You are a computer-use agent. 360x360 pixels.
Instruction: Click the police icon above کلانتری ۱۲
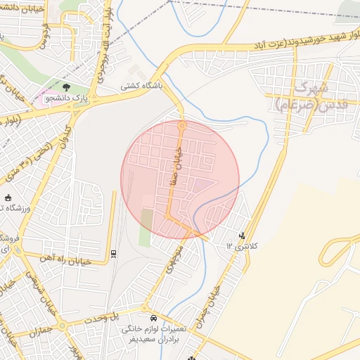point(243,236)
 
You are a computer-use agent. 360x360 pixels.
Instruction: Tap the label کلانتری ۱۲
point(243,247)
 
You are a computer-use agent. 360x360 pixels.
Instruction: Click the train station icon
point(114,253)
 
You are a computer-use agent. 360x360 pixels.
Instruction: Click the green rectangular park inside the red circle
point(146,226)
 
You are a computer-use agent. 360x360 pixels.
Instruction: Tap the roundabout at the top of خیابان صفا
point(181,124)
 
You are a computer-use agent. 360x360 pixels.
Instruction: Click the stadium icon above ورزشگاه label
point(8,198)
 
